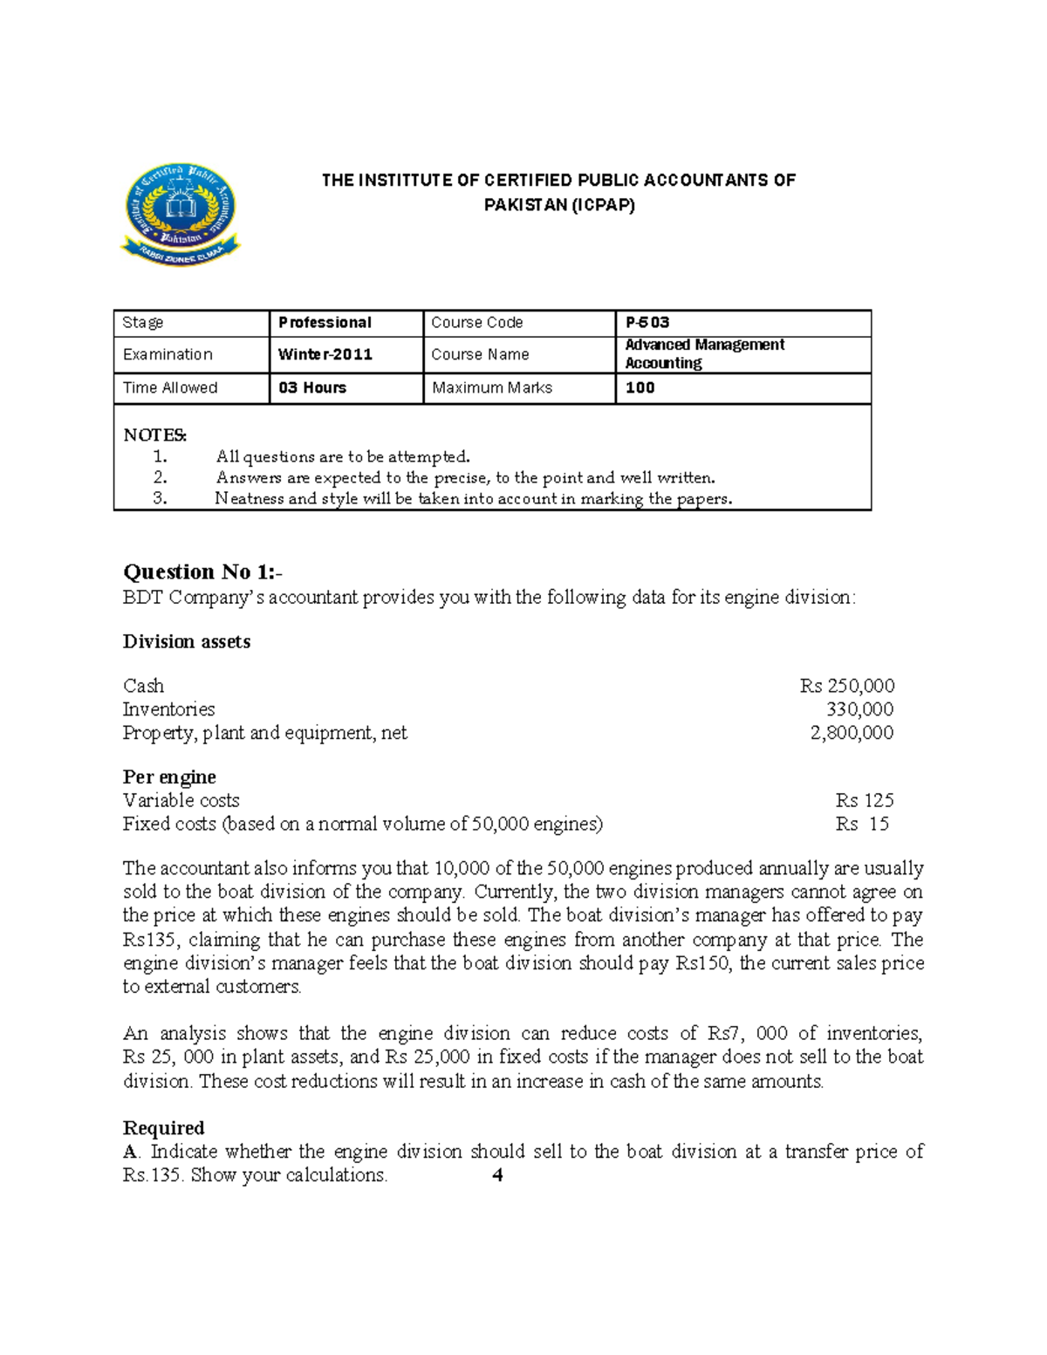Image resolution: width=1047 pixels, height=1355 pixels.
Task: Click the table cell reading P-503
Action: click(647, 323)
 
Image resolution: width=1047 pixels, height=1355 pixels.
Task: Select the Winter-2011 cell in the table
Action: click(325, 354)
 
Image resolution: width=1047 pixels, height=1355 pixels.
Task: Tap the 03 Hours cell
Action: click(312, 388)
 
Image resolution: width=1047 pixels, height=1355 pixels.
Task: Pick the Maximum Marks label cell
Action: click(492, 388)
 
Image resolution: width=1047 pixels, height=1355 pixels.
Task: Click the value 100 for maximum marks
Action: click(640, 388)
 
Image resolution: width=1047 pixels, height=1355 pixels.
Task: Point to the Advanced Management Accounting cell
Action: click(704, 354)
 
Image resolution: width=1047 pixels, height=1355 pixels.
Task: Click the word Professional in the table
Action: click(325, 323)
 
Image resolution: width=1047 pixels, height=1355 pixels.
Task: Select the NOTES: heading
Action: click(155, 435)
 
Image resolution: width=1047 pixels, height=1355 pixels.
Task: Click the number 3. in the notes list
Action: click(160, 499)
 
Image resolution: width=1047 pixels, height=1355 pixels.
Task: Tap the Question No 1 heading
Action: click(202, 572)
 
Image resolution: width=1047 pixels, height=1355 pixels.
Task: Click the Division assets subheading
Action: click(187, 642)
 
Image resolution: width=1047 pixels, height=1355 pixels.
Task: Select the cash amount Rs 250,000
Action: click(846, 686)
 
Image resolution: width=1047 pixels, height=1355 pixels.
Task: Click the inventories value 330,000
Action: click(859, 709)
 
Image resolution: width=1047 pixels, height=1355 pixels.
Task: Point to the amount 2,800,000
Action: click(852, 733)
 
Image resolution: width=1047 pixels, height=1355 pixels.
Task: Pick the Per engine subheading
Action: click(169, 777)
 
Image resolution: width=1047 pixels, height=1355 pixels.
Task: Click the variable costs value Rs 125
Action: click(864, 801)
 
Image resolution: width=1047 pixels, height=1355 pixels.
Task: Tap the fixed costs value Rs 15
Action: click(862, 825)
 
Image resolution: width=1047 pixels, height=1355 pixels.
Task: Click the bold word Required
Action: click(164, 1128)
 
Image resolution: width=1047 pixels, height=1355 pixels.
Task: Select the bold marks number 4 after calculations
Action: click(497, 1175)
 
